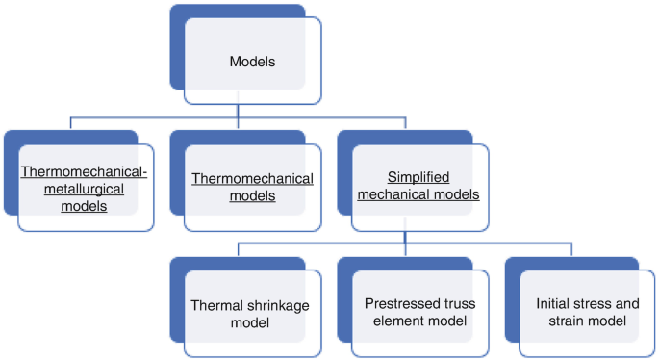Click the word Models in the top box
click(252, 62)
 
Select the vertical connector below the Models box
click(240, 111)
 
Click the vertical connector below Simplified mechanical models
click(406, 237)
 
